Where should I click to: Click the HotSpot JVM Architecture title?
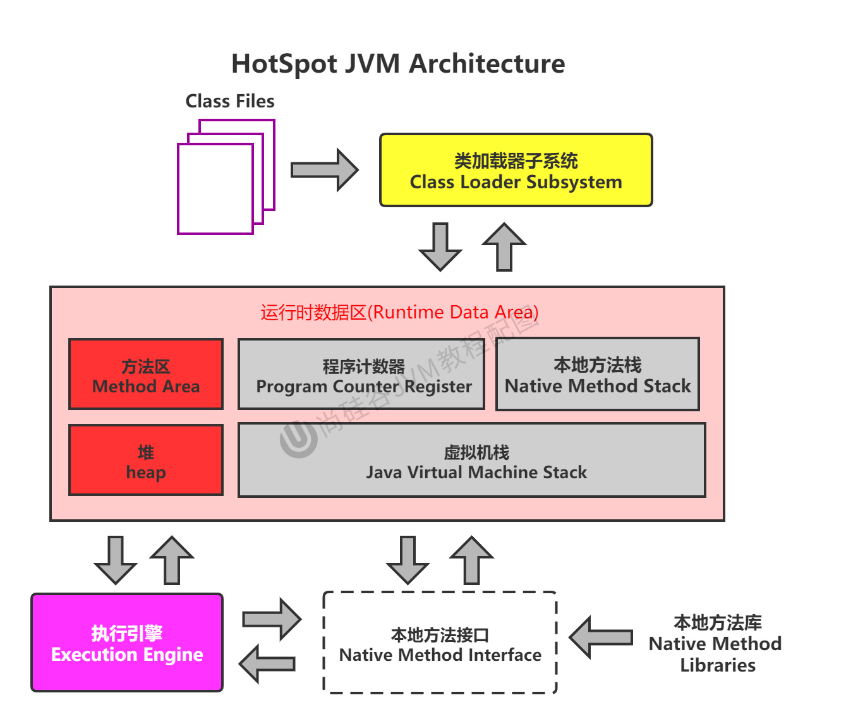tap(398, 64)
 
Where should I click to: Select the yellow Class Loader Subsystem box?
tap(516, 171)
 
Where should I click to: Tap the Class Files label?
tap(230, 101)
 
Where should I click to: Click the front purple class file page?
tap(215, 189)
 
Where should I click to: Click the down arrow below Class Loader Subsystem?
tap(440, 246)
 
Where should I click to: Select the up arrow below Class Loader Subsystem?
tap(504, 246)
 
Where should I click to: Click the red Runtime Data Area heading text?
tap(399, 312)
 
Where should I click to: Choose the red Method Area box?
tap(146, 375)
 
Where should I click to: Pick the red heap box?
tap(146, 461)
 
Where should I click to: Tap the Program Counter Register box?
tap(361, 375)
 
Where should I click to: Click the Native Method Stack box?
tap(598, 375)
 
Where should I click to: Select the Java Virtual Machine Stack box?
tap(472, 461)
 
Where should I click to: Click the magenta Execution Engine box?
tap(127, 643)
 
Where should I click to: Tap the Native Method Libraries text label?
tap(716, 644)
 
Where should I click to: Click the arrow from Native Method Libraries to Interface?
tap(601, 637)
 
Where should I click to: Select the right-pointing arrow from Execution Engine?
tap(272, 619)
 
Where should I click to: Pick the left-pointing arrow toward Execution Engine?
tap(267, 664)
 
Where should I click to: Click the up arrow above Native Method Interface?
tap(472, 560)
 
